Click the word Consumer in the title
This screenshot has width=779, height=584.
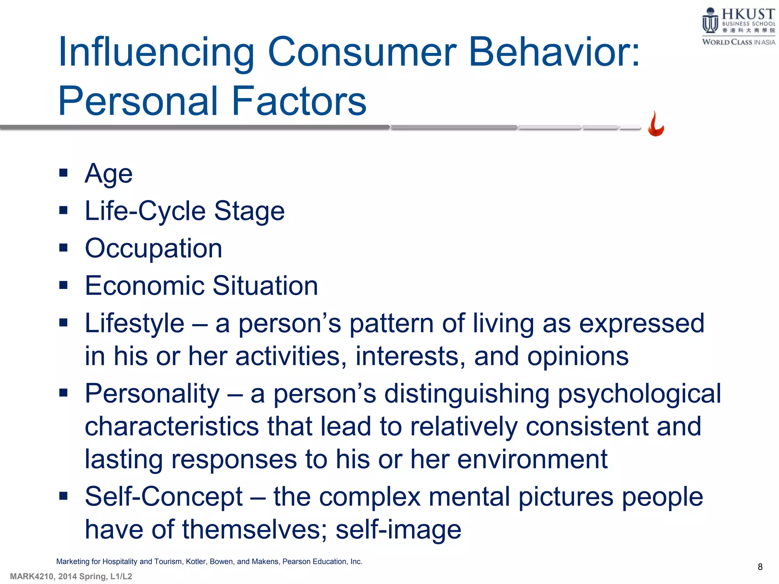coord(362,52)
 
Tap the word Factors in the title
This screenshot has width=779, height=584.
coord(299,101)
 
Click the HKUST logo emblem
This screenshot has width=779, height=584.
coord(710,21)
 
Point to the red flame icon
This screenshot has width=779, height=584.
coord(656,124)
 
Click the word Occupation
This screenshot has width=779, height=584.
coord(153,249)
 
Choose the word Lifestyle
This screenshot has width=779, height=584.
coord(134,324)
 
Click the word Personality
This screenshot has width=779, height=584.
coord(152,394)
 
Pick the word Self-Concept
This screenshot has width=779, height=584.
coord(164,497)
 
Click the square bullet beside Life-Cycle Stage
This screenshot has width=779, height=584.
coord(63,211)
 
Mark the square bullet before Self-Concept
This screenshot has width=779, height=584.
coord(63,496)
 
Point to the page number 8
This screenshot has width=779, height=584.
coord(760,567)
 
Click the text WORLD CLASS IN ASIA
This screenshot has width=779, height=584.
coord(738,42)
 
